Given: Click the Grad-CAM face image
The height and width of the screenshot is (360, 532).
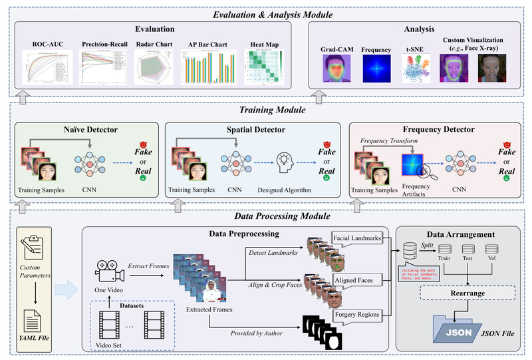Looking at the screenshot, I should tap(337, 69).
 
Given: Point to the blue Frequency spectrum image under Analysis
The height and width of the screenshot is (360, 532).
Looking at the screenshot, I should tap(376, 69).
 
